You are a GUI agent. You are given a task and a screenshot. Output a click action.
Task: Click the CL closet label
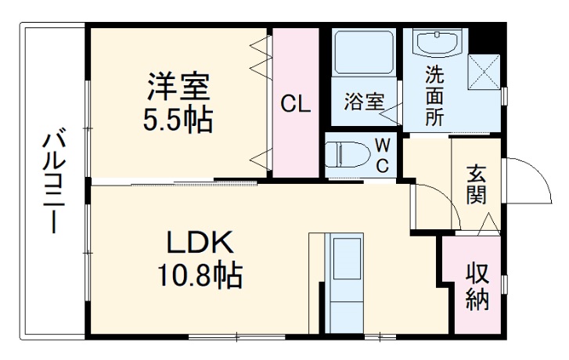point(296,103)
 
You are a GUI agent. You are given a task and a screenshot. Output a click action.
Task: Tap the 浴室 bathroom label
point(365,101)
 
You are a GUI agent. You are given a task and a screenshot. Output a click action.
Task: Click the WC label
point(382,155)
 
